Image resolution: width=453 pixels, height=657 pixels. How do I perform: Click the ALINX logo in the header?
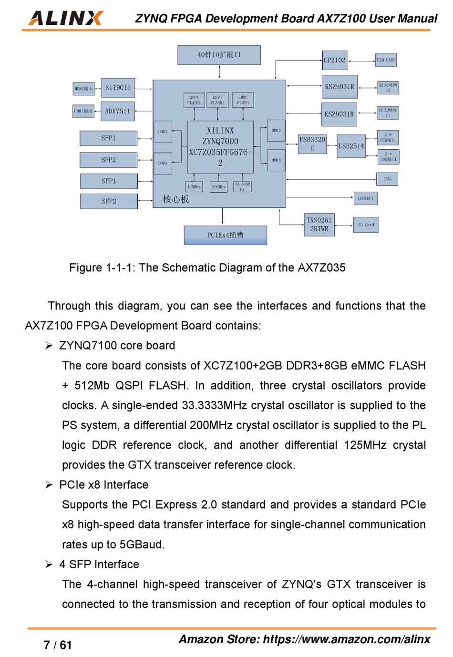tap(66, 18)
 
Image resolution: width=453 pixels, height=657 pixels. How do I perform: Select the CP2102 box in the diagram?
tap(334, 61)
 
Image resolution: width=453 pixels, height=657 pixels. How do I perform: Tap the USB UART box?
tap(386, 60)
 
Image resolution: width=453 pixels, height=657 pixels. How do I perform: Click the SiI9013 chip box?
tap(118, 88)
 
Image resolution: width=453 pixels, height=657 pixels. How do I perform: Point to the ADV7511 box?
tap(117, 111)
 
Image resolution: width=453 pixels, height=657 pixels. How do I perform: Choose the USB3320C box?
tap(312, 144)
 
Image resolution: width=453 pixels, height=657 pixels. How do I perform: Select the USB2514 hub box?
tap(351, 146)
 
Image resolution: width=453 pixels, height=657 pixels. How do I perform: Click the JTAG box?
tap(387, 179)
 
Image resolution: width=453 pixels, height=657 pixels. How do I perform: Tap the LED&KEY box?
tap(366, 198)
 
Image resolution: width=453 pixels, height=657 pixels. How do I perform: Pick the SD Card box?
tap(366, 225)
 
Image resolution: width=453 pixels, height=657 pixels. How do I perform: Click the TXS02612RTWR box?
tap(319, 225)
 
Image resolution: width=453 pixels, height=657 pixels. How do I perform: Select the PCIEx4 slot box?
tap(225, 235)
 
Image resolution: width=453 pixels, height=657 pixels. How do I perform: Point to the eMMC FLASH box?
tap(243, 100)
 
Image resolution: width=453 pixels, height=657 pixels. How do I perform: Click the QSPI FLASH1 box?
tap(194, 100)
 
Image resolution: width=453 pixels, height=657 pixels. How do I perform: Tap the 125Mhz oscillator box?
tap(194, 187)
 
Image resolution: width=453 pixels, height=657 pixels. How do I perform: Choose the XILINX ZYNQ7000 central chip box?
tap(220, 146)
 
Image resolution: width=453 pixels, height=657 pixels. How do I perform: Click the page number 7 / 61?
tap(58, 645)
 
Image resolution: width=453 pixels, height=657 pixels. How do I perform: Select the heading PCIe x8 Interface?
tap(103, 485)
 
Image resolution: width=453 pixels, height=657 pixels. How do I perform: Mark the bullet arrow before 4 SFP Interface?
tap(49, 565)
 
